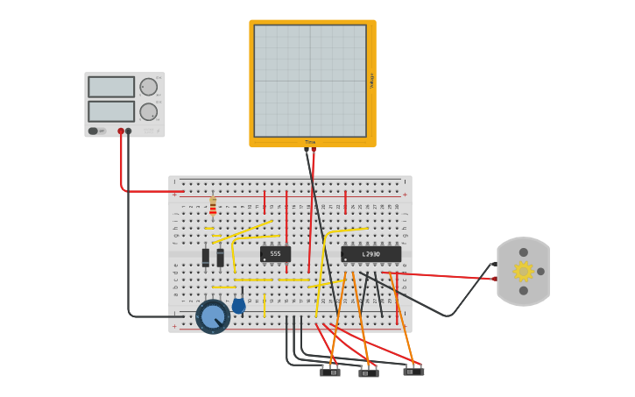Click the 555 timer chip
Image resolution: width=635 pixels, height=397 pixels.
[275, 253]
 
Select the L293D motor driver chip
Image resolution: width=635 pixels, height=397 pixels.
[370, 254]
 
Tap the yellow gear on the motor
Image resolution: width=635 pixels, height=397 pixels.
[524, 271]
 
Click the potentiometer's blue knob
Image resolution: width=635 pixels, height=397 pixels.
[213, 316]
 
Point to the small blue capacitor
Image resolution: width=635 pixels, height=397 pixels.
[238, 305]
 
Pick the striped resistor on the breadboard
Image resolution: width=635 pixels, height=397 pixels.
[213, 207]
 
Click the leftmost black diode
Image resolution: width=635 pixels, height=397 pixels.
[206, 257]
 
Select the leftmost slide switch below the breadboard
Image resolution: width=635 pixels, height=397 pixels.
[330, 372]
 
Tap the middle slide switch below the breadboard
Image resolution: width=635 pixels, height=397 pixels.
[369, 372]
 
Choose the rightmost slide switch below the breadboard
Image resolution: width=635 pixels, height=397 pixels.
[413, 371]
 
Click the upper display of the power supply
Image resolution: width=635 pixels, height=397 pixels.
[111, 87]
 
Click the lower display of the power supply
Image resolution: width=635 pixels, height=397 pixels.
[111, 111]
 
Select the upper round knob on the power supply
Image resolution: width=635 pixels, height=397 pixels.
[148, 87]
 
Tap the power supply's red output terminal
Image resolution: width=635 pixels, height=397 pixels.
[121, 131]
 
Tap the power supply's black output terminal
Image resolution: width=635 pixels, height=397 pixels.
[129, 131]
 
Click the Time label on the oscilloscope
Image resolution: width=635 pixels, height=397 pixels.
[310, 142]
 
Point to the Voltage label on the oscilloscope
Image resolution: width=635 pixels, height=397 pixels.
[371, 81]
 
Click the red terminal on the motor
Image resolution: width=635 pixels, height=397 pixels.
[495, 279]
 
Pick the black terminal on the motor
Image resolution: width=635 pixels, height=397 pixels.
[495, 263]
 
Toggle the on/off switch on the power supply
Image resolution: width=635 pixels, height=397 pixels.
[93, 131]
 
